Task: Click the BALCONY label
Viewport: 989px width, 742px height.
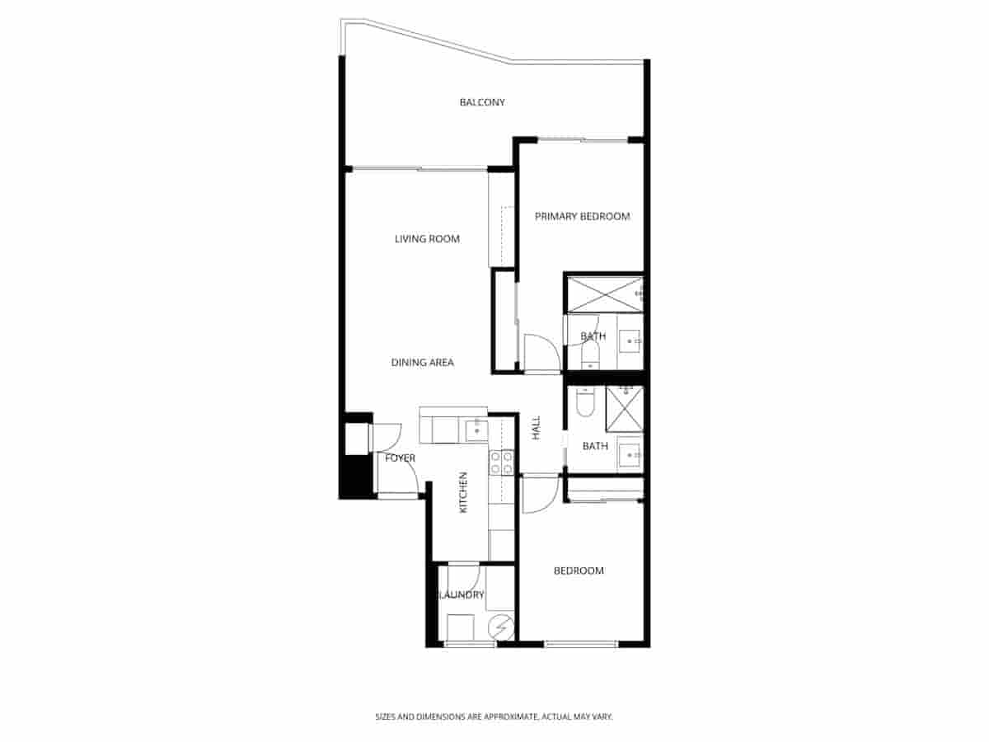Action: [482, 102]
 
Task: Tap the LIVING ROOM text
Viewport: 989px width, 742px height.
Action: [427, 239]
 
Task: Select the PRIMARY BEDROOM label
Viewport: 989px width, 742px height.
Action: [582, 217]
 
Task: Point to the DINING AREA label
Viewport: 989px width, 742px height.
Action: [422, 362]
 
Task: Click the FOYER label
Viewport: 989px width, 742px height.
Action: [401, 458]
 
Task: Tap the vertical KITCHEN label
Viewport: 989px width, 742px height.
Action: [463, 492]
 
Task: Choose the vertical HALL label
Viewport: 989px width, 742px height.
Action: [537, 427]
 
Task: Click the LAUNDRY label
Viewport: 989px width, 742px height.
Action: [462, 595]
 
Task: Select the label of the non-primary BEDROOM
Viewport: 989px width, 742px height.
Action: [579, 571]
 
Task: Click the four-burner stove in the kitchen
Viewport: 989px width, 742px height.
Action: [502, 463]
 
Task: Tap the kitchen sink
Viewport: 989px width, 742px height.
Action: [476, 430]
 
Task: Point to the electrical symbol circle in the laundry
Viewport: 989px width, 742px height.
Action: [500, 628]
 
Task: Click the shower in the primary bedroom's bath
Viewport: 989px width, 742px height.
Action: [605, 294]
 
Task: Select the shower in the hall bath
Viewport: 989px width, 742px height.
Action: [624, 409]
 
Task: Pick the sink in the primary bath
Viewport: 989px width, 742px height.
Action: [630, 340]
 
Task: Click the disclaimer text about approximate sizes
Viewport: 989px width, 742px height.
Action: [494, 717]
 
